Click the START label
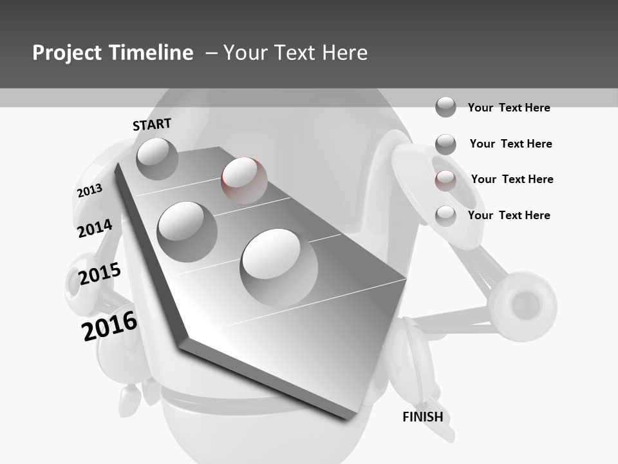tap(152, 124)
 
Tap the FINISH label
tap(422, 417)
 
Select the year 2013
tap(89, 191)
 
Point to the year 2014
tap(95, 229)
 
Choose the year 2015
tap(100, 274)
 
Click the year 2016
tap(109, 326)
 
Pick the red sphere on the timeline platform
tap(244, 180)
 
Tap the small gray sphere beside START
tap(157, 159)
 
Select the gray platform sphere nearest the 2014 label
tap(187, 231)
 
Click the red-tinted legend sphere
tap(445, 180)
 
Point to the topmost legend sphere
tap(445, 107)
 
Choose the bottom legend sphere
tap(445, 216)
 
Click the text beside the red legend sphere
tap(512, 179)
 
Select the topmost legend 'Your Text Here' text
tap(509, 108)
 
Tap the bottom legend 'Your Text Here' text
tap(509, 215)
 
